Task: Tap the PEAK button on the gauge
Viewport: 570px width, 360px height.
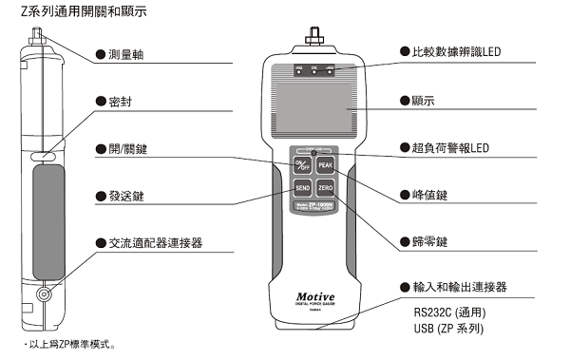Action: coord(326,165)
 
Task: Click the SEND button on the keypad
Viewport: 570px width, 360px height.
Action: coord(300,189)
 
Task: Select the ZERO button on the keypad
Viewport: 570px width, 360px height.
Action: coord(326,189)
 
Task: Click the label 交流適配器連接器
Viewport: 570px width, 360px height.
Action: coord(156,244)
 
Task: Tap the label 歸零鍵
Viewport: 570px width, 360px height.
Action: coord(430,242)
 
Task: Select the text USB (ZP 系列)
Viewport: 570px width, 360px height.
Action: coord(450,328)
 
